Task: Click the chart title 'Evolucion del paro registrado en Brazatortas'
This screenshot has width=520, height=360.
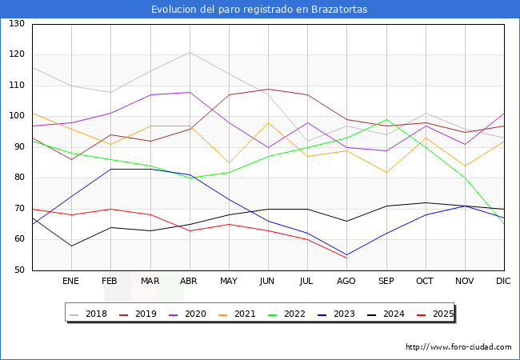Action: [259, 9]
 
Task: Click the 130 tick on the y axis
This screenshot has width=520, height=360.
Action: [17, 24]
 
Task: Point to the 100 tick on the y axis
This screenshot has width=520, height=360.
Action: [17, 117]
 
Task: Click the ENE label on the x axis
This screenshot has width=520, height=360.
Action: [71, 282]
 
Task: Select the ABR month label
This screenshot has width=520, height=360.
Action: [190, 282]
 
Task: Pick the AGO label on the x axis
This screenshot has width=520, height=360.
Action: [346, 282]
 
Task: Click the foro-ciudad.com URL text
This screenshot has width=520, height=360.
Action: [458, 347]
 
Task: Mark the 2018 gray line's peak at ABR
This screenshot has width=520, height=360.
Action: [190, 52]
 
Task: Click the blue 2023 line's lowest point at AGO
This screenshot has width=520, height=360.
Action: [346, 255]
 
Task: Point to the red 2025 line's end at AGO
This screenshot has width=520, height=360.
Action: [346, 258]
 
